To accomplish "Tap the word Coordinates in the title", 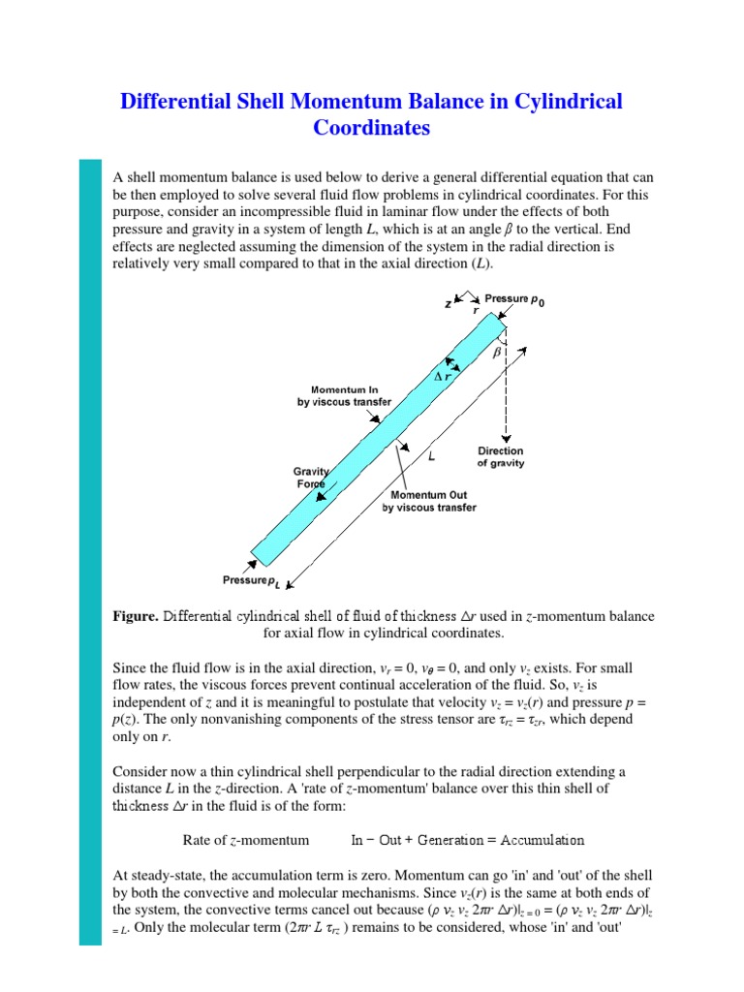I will (x=371, y=128).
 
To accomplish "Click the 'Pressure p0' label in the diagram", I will (x=513, y=301).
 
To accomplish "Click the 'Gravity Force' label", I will (x=312, y=477).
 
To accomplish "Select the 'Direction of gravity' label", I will (x=501, y=457).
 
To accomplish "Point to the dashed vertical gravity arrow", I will (x=505, y=387).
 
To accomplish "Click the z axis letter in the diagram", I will (x=448, y=303).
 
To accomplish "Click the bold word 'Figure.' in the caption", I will (x=135, y=616).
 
